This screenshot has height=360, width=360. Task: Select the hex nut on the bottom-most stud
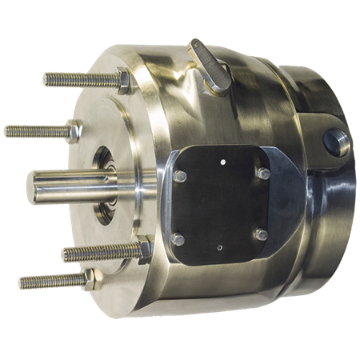pos(92,279)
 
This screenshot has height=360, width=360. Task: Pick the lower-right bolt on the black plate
pos(259,234)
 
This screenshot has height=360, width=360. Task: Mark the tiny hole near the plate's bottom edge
pos(220,250)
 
